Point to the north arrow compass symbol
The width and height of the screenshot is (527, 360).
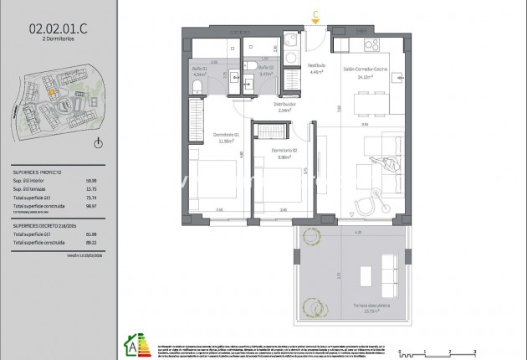[x=98, y=143]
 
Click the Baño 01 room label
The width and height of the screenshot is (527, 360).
[x=198, y=69]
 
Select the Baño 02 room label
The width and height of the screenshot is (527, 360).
[x=266, y=69]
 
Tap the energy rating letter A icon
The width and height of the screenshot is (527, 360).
[x=131, y=344]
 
